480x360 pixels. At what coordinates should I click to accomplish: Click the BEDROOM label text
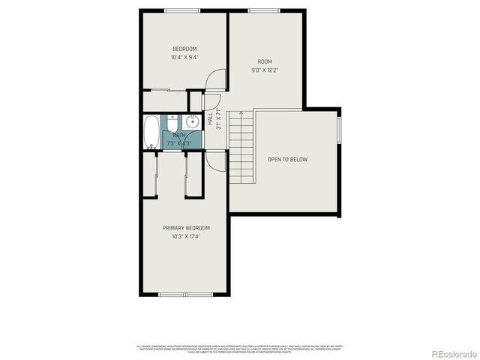coord(184,49)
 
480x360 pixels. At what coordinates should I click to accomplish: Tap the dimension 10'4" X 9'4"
coord(184,58)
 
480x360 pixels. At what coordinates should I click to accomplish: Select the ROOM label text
coord(265,61)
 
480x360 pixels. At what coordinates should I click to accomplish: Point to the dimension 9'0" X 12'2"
coord(265,70)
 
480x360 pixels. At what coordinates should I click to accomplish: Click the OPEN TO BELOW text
coord(287,159)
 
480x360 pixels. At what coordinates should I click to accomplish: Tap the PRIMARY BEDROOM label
coord(186,228)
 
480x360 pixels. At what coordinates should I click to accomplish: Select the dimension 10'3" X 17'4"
coord(186,236)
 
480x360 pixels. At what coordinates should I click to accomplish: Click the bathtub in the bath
coord(151,132)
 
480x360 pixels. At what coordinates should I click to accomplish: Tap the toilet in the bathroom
coord(172,123)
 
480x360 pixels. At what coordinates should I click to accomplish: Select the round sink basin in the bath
coord(193,121)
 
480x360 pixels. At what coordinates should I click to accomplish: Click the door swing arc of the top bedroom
coord(216,79)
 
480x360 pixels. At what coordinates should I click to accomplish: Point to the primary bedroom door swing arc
coord(216,160)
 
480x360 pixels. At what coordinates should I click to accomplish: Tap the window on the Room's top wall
coord(265,10)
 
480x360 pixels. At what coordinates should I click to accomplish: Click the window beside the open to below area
coord(340,128)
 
